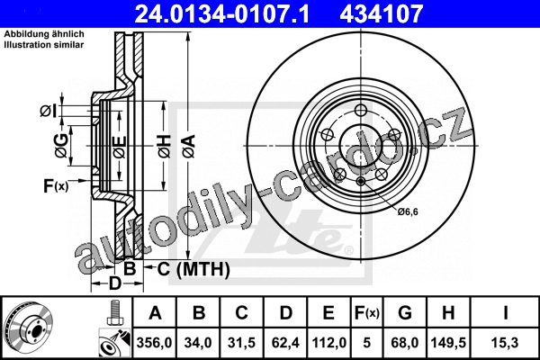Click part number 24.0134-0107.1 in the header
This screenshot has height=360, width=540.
221,14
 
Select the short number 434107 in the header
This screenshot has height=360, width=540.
381,14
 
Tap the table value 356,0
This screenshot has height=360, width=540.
154,343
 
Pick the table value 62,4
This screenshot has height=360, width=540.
285,343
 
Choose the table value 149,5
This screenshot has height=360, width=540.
448,343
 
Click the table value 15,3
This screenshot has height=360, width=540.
505,343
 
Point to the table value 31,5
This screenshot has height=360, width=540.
241,343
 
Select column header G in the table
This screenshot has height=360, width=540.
405,313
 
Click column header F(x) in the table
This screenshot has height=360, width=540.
367,313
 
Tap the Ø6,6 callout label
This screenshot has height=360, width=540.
408,211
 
